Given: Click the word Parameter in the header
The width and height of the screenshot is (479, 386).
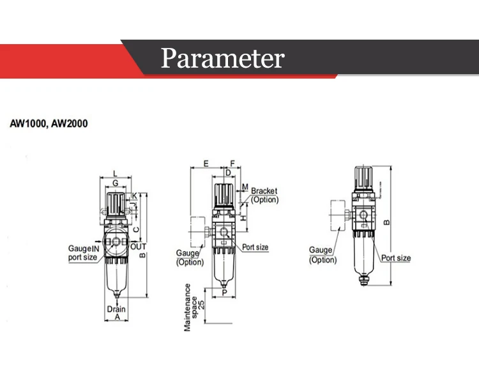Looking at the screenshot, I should click(222, 59).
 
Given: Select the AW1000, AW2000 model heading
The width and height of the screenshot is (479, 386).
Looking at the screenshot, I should click(49, 123).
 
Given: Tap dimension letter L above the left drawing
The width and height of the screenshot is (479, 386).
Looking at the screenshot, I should click(114, 173).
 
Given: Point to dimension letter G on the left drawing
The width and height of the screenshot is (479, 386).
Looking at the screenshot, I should click(115, 183).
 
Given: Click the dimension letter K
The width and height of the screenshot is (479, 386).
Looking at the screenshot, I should click(135, 195).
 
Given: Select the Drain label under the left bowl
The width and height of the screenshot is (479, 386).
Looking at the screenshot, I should click(116, 309).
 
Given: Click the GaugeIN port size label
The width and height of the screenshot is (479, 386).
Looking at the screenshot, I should click(83, 253).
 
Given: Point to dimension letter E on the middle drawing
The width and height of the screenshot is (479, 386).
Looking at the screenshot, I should click(206, 164).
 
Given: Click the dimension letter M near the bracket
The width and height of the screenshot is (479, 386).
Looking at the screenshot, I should click(245, 188).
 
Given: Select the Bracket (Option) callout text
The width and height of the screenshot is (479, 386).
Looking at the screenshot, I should click(265, 195).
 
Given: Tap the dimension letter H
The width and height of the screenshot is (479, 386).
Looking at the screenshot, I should click(243, 217).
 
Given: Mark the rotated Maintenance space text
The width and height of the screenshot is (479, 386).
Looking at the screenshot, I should click(189, 307).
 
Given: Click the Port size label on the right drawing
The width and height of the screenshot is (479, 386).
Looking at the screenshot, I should click(396, 258).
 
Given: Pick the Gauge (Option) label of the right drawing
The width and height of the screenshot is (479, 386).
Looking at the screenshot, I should click(322, 254).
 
